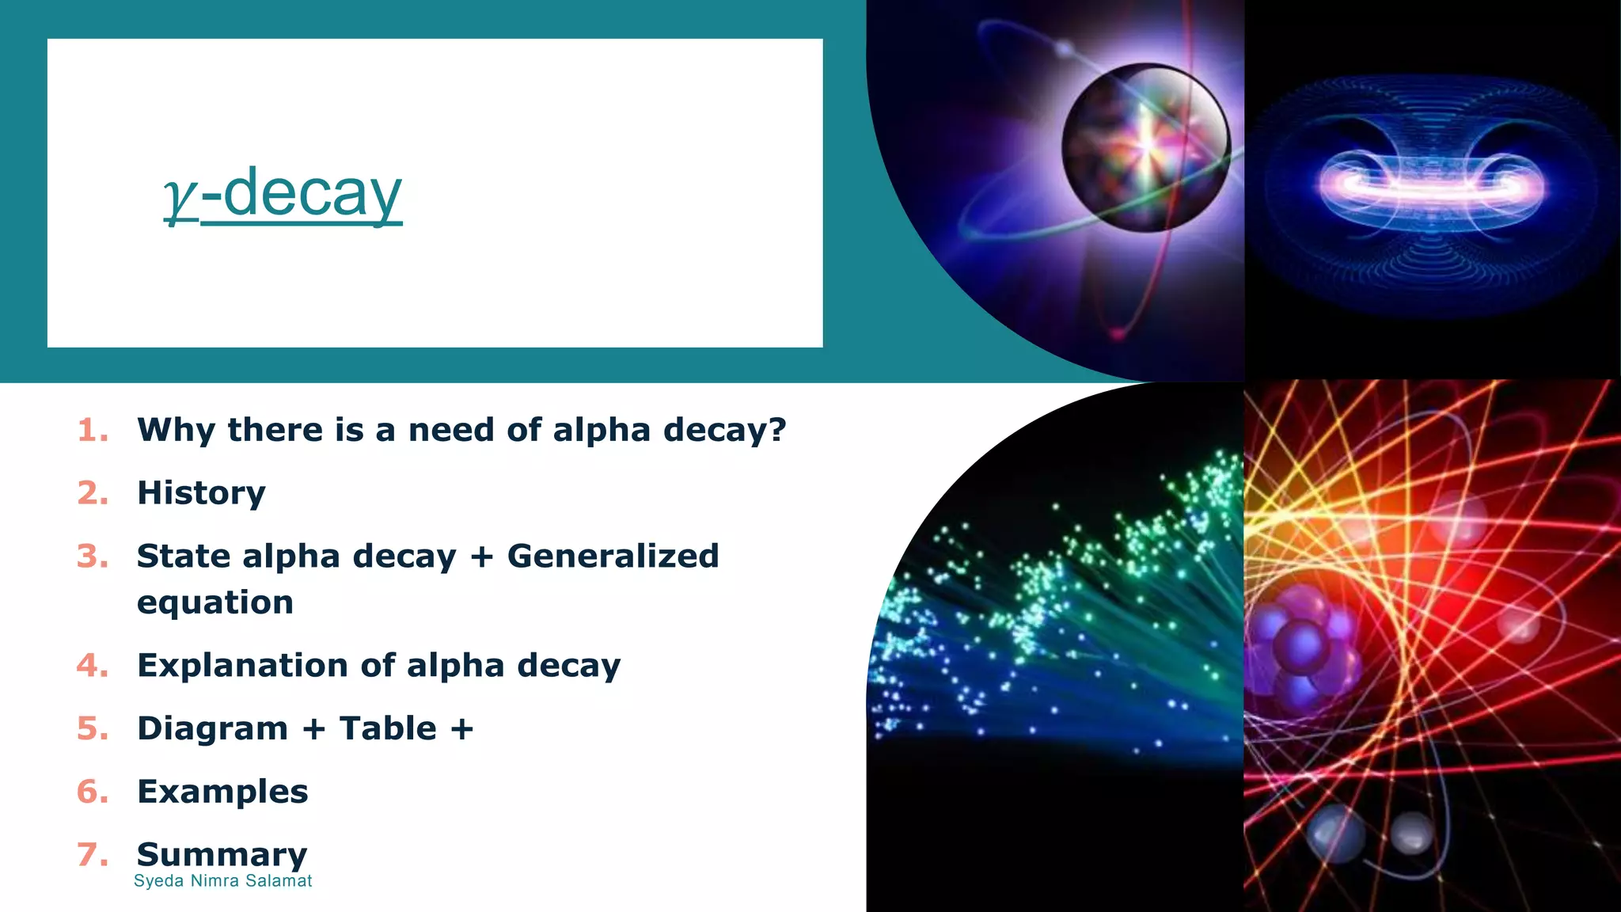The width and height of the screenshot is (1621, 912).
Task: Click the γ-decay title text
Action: coord(283,193)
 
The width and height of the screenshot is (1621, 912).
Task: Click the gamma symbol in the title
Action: coord(180,198)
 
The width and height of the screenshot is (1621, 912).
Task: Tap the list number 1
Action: coord(93,431)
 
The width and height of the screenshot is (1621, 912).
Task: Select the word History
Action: coord(201,493)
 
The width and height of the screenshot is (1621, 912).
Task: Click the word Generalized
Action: coord(613,556)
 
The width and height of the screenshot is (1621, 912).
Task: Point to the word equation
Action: coord(215,603)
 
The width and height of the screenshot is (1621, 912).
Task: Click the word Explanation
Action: coord(242,666)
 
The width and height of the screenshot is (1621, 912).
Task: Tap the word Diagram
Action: coord(212,728)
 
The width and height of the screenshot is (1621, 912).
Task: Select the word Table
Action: coord(388,728)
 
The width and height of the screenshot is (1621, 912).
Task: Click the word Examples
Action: coord(222,792)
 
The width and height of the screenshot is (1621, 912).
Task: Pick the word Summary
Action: coord(222,854)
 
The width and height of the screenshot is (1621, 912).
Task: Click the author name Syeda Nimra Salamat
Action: coord(222,881)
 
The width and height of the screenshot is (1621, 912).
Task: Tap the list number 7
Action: coord(93,855)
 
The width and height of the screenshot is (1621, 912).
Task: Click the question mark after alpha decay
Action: coord(777,430)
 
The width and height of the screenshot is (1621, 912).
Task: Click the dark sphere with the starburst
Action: coord(1145,148)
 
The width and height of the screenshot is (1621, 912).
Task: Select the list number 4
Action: coord(93,666)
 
